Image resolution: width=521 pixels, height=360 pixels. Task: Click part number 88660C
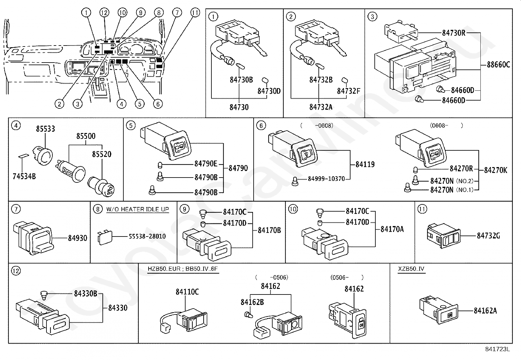pos(498,65)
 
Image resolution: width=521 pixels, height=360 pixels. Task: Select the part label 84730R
pos(454,33)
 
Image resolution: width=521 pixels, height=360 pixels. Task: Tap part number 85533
pos(45,129)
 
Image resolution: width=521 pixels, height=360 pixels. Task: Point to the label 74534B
pos(24,177)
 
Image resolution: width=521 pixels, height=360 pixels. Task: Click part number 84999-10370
pos(326,179)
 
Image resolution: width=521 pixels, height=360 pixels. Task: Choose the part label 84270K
pos(495,170)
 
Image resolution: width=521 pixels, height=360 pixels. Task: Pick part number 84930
pos(78,238)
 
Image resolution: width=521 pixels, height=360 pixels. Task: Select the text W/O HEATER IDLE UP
pos(137,209)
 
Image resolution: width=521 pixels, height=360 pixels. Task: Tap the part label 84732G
pos(488,236)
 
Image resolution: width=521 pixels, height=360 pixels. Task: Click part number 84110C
pos(187,292)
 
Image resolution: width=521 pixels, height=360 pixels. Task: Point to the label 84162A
pos(485,311)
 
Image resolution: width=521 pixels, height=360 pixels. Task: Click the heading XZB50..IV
pos(411,269)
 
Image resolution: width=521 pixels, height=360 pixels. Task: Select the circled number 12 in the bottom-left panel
pos(15,271)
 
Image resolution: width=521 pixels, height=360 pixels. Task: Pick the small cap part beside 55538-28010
pos(104,237)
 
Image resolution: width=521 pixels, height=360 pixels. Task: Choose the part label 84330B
pos(85,294)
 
